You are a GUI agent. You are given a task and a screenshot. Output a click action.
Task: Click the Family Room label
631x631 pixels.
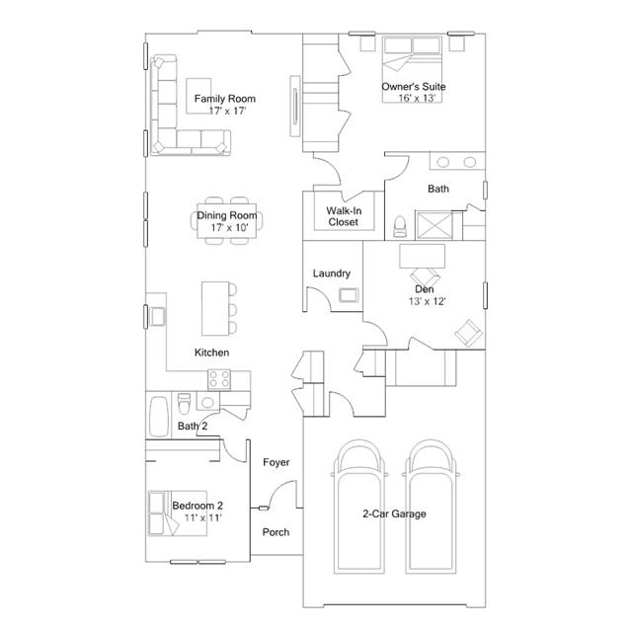click(224, 99)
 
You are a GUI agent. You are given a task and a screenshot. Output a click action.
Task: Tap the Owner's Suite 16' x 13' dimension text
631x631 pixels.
click(417, 98)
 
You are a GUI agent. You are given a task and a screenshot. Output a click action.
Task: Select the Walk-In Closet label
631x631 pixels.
click(344, 216)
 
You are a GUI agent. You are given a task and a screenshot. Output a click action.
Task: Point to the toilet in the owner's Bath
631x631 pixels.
click(400, 226)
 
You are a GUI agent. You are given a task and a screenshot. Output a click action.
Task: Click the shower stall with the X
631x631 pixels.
click(434, 226)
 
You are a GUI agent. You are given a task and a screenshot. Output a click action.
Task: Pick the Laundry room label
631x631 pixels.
click(332, 274)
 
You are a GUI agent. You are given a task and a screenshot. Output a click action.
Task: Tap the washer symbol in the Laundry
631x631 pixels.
click(349, 295)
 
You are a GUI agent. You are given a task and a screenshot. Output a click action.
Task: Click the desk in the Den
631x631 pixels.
click(422, 256)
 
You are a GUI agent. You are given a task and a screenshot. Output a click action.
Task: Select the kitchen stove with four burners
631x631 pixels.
click(219, 379)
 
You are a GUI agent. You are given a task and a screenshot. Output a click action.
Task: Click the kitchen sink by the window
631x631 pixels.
click(157, 317)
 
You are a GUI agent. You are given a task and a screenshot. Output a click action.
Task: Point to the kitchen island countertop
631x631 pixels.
click(215, 308)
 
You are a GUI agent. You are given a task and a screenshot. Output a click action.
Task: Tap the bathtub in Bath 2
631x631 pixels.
click(159, 417)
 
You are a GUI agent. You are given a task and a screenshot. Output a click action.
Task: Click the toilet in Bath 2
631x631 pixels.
click(185, 404)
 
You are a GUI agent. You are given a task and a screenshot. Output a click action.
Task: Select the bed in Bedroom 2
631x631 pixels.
click(178, 513)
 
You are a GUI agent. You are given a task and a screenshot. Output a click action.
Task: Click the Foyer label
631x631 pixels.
click(276, 462)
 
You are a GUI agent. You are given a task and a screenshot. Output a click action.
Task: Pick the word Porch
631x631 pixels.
click(276, 532)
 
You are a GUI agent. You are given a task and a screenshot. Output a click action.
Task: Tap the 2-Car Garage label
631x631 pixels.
click(394, 513)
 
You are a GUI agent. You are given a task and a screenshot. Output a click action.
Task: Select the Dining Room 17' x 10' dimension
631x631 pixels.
click(229, 228)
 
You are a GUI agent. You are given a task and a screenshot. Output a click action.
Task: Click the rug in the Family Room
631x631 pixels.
click(198, 96)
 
